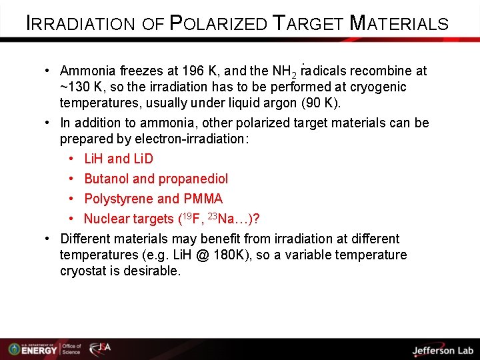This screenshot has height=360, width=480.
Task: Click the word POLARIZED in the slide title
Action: click(217, 23)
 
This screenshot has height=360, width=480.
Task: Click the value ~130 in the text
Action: click(75, 87)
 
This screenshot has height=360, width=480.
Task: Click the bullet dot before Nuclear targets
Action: click(71, 219)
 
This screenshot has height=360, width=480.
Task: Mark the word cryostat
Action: click(83, 271)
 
